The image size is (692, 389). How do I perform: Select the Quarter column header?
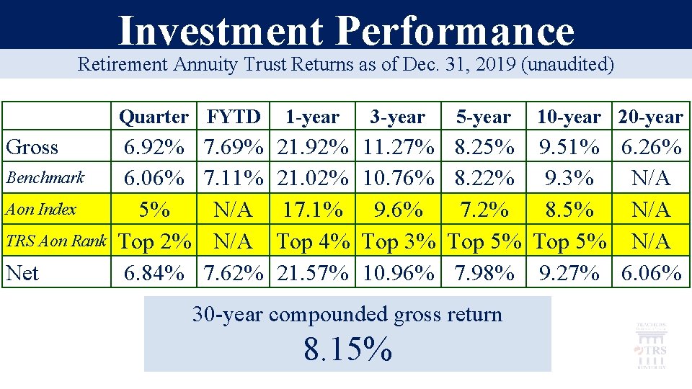pyautogui.click(x=154, y=117)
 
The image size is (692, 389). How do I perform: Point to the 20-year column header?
pyautogui.click(x=650, y=117)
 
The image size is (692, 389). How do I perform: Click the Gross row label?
pyautogui.click(x=32, y=148)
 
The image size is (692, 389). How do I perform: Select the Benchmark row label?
pyautogui.click(x=45, y=177)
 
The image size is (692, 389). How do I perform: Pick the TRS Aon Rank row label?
pyautogui.click(x=56, y=241)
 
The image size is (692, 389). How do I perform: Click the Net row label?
pyautogui.click(x=22, y=273)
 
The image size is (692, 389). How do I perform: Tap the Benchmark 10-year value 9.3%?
pyautogui.click(x=569, y=178)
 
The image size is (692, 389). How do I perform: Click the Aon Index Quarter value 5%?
pyautogui.click(x=154, y=210)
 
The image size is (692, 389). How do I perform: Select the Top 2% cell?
pyautogui.click(x=154, y=242)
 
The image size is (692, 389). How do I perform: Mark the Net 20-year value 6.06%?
pyautogui.click(x=650, y=273)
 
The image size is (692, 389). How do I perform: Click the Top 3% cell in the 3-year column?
pyautogui.click(x=399, y=242)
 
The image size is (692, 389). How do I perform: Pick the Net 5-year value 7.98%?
pyautogui.click(x=484, y=273)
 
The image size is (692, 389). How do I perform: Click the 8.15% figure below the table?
pyautogui.click(x=347, y=349)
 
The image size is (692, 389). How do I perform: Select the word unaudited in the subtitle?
pyautogui.click(x=570, y=65)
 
